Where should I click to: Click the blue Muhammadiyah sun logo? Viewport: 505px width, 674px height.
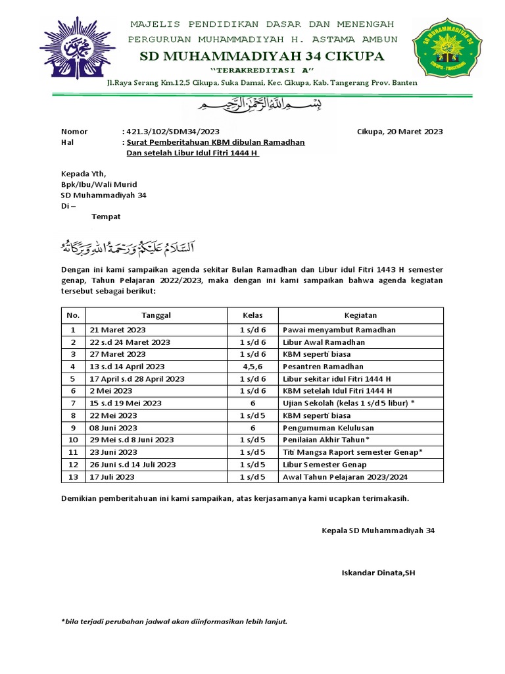[x=78, y=48]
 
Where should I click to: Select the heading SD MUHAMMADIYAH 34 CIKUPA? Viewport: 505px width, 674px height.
[x=262, y=57]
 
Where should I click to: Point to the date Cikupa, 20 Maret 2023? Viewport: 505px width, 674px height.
[x=400, y=131]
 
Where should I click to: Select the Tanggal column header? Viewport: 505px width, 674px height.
[x=156, y=315]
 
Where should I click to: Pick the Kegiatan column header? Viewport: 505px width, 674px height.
[x=360, y=315]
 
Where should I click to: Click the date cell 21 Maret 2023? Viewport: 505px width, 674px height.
[x=118, y=330]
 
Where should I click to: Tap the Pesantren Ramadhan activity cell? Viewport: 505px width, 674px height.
[x=323, y=367]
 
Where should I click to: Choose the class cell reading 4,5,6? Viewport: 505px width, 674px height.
[x=252, y=367]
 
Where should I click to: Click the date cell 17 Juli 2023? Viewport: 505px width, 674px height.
[x=112, y=477]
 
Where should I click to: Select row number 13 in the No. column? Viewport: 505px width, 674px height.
[x=74, y=477]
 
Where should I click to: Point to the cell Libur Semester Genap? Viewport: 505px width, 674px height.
[x=325, y=465]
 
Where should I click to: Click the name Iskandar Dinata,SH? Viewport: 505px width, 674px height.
[x=378, y=573]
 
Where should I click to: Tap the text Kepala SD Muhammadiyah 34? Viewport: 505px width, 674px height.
[x=377, y=530]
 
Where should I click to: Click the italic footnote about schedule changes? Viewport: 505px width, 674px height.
[x=174, y=621]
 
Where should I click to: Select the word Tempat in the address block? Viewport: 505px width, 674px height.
[x=106, y=216]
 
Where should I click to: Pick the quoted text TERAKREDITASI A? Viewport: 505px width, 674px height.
[x=262, y=70]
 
